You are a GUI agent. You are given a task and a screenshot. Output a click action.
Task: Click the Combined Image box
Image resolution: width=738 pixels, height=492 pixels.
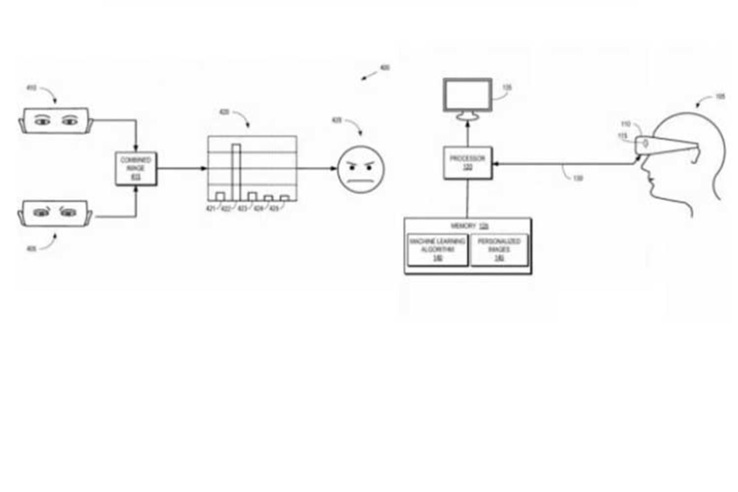pos(136,168)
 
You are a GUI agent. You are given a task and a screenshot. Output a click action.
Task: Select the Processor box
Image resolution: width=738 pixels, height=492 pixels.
pos(467,163)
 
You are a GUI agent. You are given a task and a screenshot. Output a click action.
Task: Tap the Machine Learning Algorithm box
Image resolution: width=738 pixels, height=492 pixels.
pos(437,250)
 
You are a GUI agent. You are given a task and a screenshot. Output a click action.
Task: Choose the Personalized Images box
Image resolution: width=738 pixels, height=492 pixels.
pos(499,250)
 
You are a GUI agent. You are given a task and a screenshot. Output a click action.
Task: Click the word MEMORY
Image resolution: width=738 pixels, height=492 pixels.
pos(463,226)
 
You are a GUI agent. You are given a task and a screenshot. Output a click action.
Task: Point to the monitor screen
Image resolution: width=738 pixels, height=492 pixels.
pos(467,95)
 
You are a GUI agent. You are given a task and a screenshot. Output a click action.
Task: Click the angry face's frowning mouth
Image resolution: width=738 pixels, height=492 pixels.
pos(361,181)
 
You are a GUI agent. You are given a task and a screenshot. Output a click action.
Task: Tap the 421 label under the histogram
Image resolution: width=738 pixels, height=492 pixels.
pos(211,209)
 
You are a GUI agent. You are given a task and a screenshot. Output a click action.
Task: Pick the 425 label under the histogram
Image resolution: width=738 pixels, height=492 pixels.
pos(274,209)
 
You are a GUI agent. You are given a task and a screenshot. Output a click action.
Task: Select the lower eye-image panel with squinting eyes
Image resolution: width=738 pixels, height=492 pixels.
pos(55,213)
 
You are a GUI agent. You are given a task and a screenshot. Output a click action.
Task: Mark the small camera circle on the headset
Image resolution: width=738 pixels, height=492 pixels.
pos(646,144)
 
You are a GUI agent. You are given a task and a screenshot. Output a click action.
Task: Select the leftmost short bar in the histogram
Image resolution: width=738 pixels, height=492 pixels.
pos(220,197)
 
